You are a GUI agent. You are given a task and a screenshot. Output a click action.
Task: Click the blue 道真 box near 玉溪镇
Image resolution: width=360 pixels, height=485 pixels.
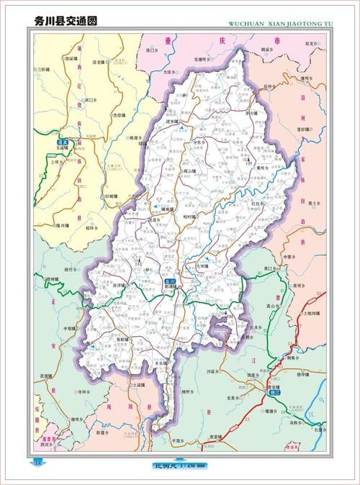point(52,142)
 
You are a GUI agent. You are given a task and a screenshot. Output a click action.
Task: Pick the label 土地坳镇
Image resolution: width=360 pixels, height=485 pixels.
point(314,314)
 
